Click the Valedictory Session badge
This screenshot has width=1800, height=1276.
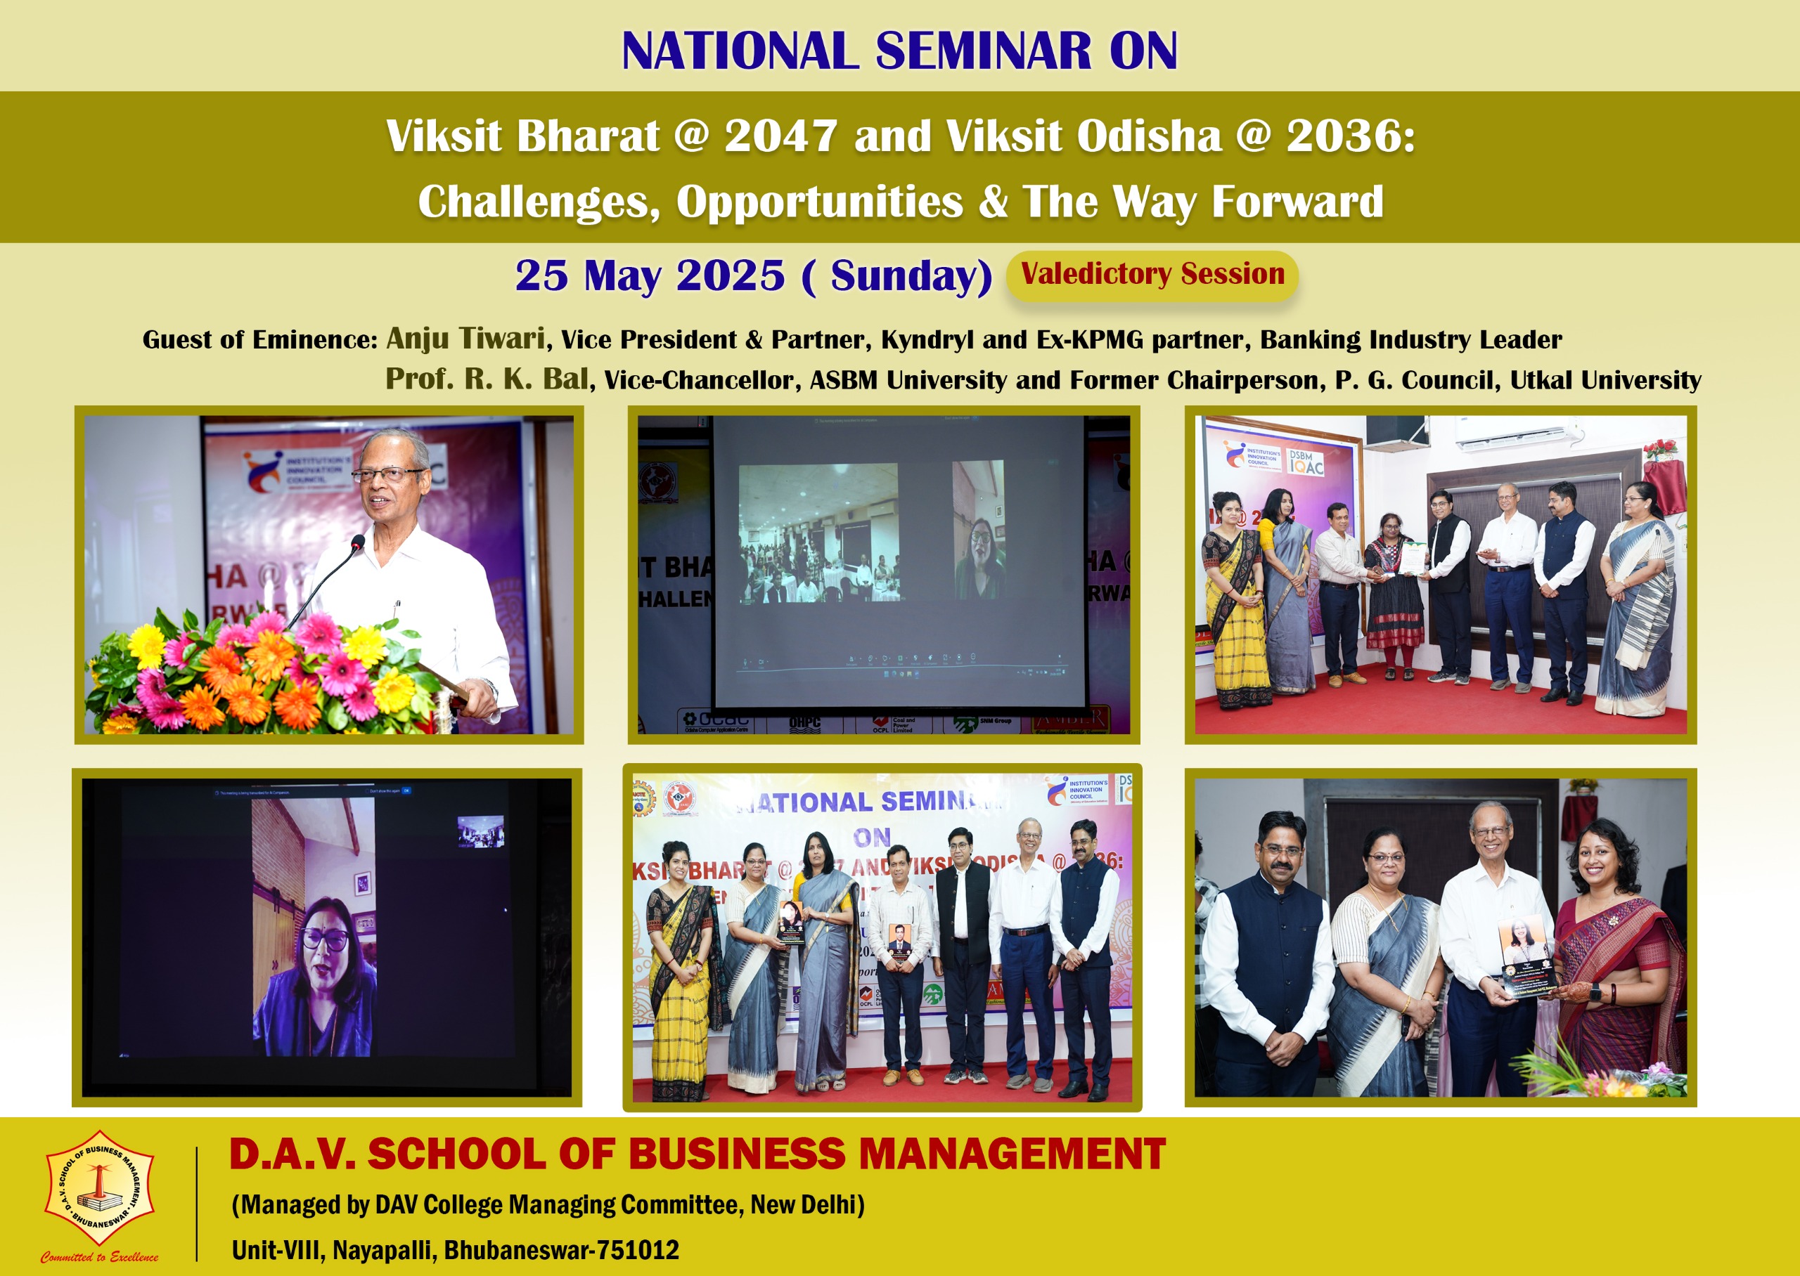1152,274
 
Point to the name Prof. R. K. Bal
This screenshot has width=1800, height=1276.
487,379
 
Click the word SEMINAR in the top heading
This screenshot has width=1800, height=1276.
982,51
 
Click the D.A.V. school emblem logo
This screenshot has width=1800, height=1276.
99,1187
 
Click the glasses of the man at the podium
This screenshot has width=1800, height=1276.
386,474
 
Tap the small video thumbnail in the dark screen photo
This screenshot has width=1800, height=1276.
480,831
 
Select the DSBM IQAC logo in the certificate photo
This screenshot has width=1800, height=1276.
1305,463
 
